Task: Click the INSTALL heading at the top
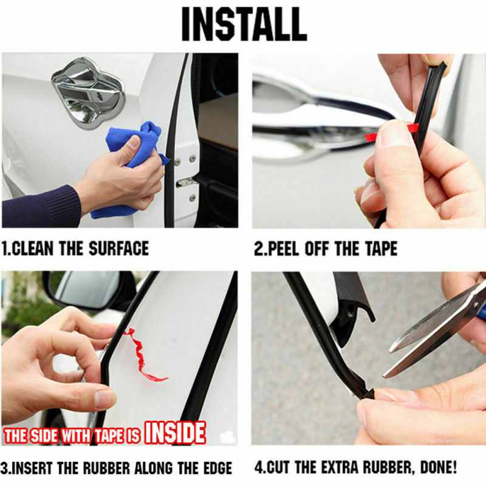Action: click(x=244, y=24)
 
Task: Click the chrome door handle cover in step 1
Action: click(x=89, y=92)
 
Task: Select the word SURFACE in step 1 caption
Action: click(x=118, y=248)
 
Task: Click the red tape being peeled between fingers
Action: click(x=391, y=132)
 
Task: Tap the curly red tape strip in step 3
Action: click(x=143, y=355)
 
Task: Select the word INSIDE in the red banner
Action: click(x=175, y=433)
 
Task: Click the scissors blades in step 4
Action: click(x=434, y=335)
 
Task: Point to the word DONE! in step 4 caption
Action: click(x=438, y=467)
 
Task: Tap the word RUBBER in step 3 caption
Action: click(x=104, y=468)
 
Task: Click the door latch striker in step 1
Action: click(x=185, y=183)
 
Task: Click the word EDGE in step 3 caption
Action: click(x=217, y=468)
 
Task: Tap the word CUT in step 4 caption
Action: click(x=278, y=467)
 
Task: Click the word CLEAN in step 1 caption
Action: click(x=33, y=248)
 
